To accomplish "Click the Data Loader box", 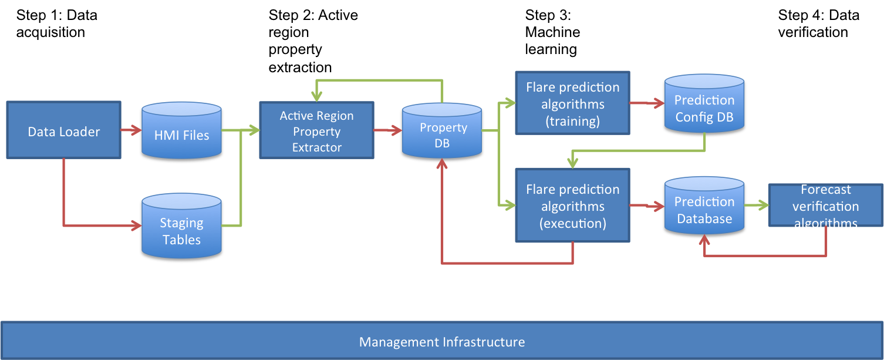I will [63, 130].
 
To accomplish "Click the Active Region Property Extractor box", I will [316, 130].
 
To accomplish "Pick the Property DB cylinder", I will [442, 132].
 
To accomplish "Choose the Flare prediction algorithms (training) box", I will [572, 103].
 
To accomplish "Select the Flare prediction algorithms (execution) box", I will [572, 206].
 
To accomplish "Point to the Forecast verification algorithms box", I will [825, 206].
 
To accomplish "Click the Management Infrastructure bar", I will [442, 341].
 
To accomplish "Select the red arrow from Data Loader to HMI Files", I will [131, 130].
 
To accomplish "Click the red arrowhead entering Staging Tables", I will [136, 226].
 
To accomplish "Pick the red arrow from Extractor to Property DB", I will [387, 131].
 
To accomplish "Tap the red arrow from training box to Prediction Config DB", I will [646, 103].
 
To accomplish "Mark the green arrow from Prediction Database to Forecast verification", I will [756, 206].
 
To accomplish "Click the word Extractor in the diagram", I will [317, 147].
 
